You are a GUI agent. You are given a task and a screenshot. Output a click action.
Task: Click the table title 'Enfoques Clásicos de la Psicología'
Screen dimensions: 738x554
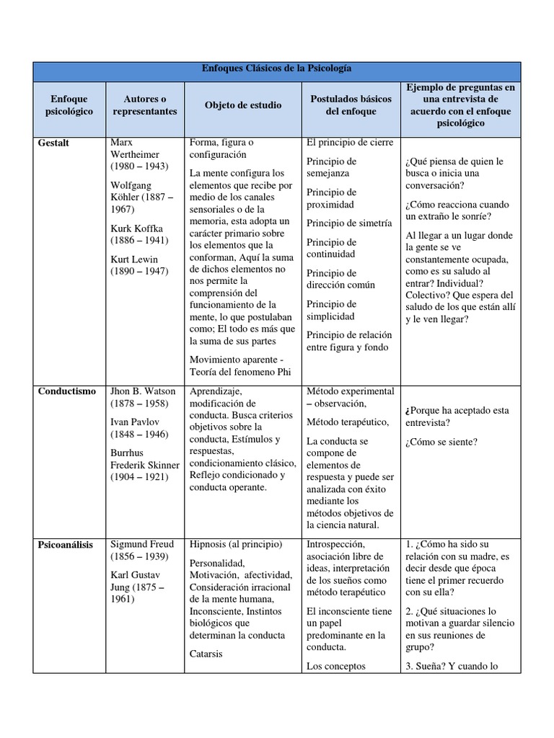pyautogui.click(x=278, y=69)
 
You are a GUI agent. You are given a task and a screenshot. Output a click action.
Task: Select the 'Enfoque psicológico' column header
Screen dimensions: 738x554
pyautogui.click(x=69, y=105)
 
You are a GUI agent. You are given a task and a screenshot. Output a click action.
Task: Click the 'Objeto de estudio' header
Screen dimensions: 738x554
pyautogui.click(x=243, y=105)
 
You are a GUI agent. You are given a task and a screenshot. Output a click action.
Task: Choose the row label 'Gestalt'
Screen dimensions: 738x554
pyautogui.click(x=54, y=143)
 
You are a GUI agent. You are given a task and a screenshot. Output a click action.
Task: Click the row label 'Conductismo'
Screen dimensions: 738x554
pyautogui.click(x=67, y=391)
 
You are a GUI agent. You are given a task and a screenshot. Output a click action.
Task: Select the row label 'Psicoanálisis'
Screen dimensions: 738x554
pyautogui.click(x=66, y=545)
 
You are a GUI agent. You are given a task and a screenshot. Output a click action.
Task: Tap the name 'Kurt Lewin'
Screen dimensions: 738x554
pyautogui.click(x=134, y=259)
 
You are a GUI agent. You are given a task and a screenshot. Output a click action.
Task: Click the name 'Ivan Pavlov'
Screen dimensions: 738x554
pyautogui.click(x=135, y=422)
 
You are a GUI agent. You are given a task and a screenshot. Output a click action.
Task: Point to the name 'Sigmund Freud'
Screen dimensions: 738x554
pyautogui.click(x=142, y=545)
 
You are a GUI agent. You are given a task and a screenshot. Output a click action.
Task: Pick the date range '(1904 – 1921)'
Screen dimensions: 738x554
pyautogui.click(x=139, y=476)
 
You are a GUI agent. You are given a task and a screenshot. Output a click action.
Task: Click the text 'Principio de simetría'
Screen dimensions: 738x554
pyautogui.click(x=349, y=223)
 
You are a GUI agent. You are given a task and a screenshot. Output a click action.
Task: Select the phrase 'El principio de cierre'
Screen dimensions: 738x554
pyautogui.click(x=350, y=142)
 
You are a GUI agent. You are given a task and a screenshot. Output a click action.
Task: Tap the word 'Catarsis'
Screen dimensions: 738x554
pyautogui.click(x=206, y=654)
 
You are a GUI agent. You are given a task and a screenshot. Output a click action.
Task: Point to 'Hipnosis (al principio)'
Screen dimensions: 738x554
pyautogui.click(x=236, y=544)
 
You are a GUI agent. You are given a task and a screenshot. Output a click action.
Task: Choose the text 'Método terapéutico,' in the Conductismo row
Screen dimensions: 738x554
pyautogui.click(x=348, y=422)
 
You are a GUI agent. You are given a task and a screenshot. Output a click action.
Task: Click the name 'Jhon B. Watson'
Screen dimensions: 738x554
pyautogui.click(x=143, y=391)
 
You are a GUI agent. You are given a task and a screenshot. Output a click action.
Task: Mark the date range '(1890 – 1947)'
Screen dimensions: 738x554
pyautogui.click(x=139, y=271)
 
